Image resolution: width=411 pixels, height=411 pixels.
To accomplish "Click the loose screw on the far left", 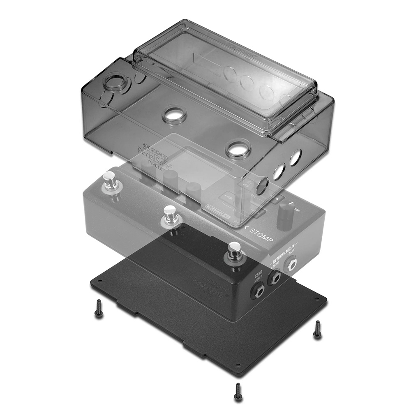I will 98,308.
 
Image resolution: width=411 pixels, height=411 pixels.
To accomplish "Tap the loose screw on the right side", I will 317,329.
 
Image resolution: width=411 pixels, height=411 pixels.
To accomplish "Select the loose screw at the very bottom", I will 238,391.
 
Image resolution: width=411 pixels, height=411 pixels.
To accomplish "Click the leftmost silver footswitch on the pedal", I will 110,180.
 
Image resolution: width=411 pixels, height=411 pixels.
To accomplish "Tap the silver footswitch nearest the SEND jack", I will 234,252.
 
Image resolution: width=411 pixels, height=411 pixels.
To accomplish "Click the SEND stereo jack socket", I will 258,292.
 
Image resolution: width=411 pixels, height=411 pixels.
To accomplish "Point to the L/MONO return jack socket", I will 274,279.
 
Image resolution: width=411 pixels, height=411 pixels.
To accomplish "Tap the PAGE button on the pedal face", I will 226,198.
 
